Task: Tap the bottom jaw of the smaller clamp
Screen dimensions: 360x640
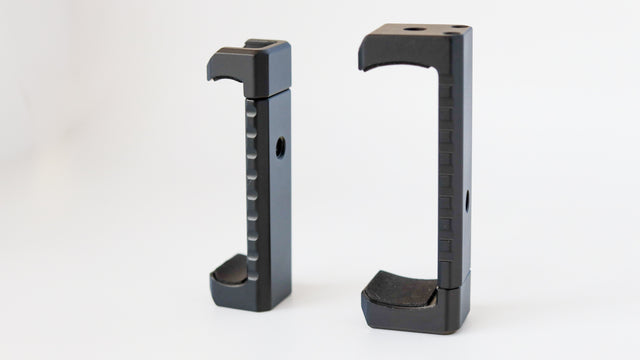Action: pos(236,284)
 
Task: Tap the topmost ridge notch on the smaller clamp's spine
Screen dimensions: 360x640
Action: pos(251,112)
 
